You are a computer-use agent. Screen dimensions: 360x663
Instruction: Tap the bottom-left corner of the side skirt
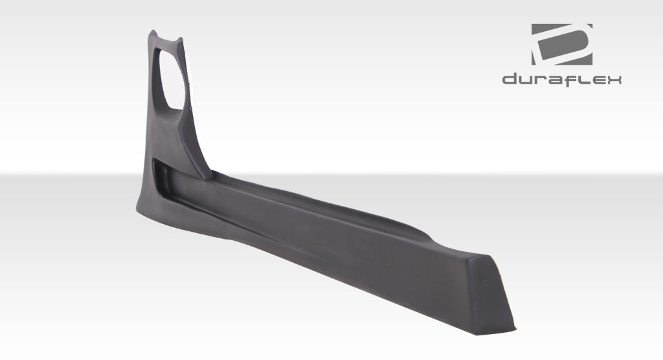click(137, 208)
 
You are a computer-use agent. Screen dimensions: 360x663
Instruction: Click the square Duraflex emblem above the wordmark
click(561, 45)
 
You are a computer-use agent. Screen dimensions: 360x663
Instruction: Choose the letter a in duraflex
click(555, 80)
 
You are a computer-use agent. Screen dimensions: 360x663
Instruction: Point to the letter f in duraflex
click(570, 80)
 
